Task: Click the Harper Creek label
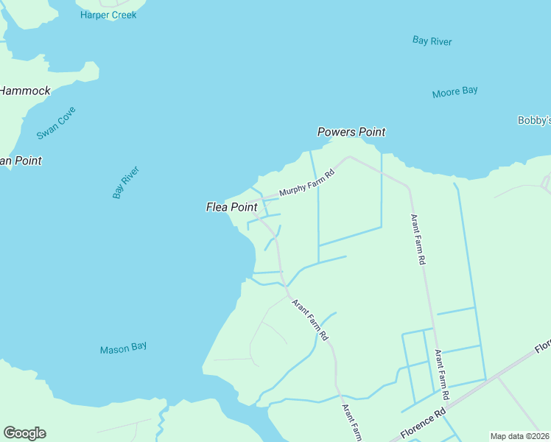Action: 108,15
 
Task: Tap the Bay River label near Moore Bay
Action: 432,41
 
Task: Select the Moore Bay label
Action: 455,92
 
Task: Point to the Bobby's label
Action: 534,120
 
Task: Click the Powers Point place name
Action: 351,133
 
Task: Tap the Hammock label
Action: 25,91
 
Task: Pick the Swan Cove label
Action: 57,123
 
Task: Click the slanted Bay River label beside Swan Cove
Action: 126,182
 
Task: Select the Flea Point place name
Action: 231,208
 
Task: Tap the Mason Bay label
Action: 124,348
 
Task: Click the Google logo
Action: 24,433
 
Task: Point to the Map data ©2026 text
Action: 520,436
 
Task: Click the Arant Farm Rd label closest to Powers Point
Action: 418,239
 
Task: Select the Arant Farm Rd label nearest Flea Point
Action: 309,319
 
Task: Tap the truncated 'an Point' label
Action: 21,161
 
